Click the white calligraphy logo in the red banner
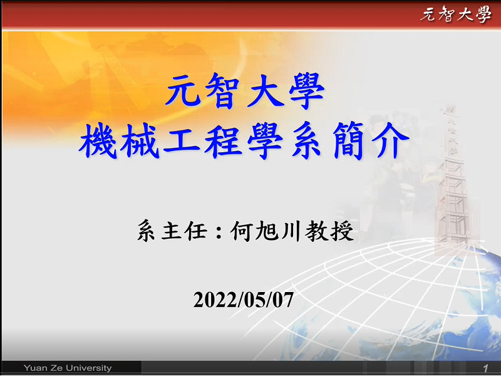pos(456,14)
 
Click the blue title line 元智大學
pos(245,91)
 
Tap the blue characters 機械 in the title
pos(119,140)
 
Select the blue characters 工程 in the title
pos(202,140)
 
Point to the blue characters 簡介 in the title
pos(371,140)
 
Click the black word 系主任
pos(172,230)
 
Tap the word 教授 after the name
pos(329,231)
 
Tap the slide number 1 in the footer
pos(486,368)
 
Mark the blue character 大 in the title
pos(265,91)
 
